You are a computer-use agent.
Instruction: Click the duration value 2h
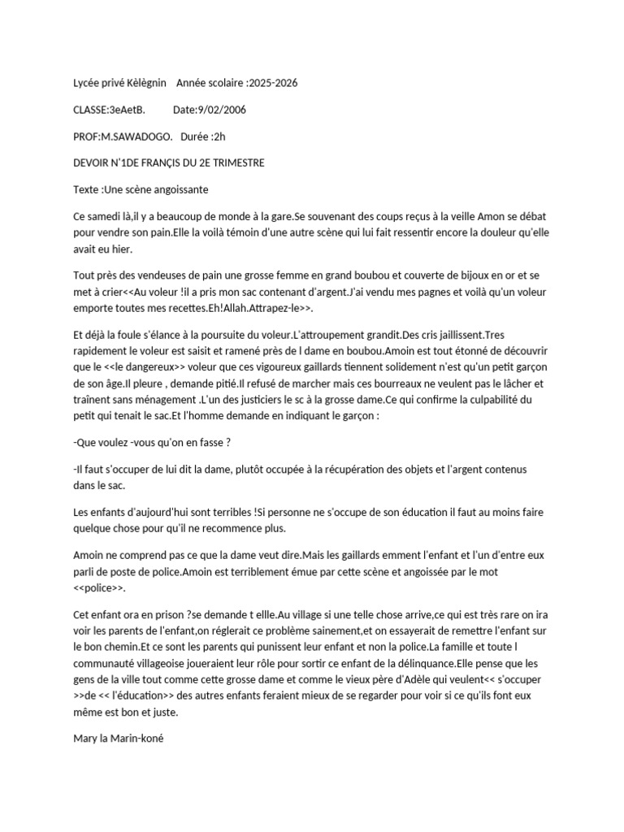[214, 136]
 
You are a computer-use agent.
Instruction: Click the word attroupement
[332, 335]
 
